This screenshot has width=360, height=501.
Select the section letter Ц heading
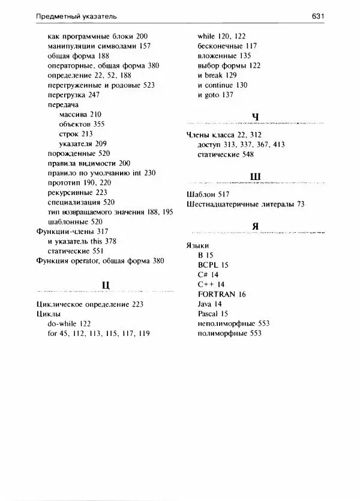coord(105,284)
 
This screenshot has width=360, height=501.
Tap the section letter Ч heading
coord(256,116)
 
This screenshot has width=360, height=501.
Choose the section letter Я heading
coord(256,226)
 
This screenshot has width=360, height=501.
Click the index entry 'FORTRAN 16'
coord(221,294)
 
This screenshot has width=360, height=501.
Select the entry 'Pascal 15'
coord(213,313)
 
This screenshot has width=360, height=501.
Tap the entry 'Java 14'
coord(209,304)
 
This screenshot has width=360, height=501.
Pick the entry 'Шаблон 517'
coord(209,194)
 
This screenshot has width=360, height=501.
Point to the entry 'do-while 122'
coord(69,323)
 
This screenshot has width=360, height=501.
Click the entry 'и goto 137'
coord(215,94)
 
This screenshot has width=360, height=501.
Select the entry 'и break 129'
coord(217,75)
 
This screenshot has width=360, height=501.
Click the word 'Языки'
coord(199,245)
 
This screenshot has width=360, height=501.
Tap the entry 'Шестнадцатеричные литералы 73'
coord(246,204)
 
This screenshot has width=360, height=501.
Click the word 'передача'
coord(62,104)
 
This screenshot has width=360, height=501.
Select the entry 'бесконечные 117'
coord(227,46)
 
